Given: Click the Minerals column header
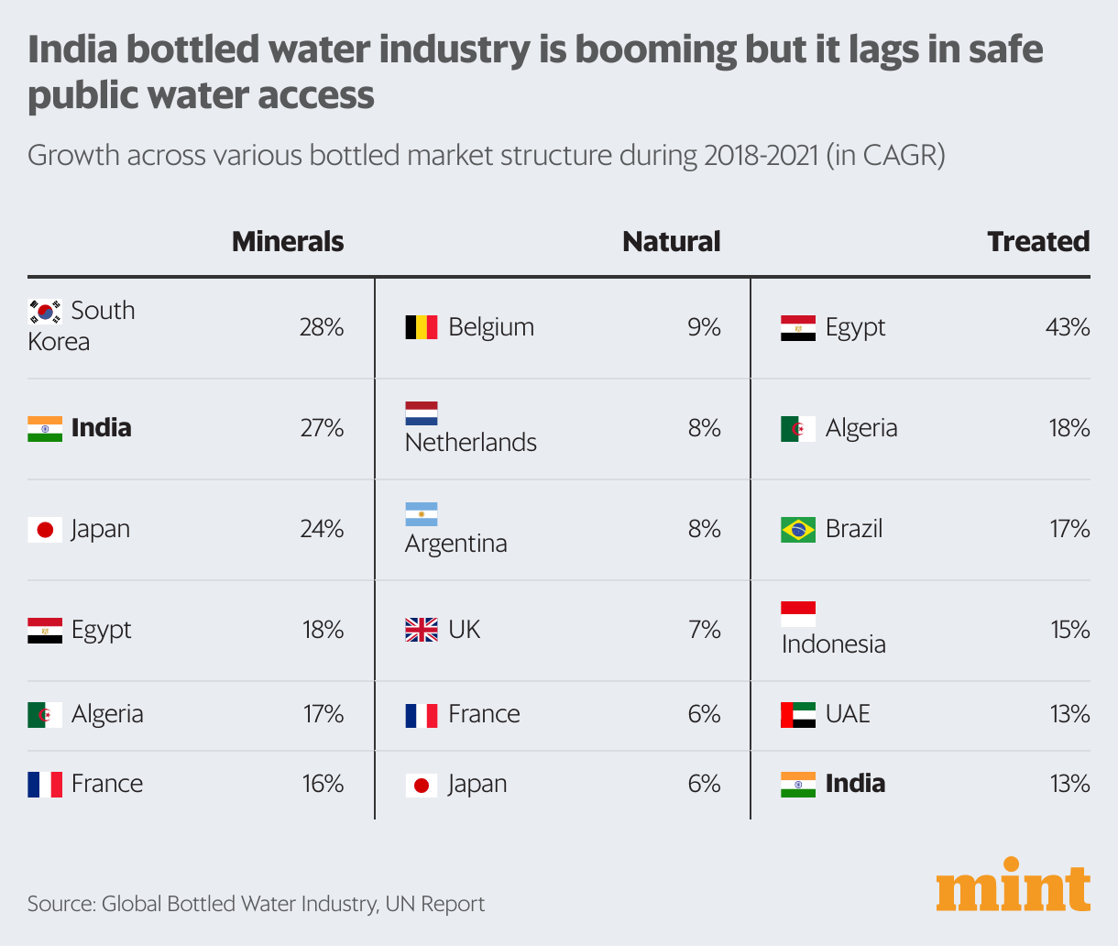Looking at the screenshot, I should (x=288, y=241).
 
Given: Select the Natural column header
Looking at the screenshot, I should (x=671, y=241).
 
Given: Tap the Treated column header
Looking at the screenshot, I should (x=1038, y=241).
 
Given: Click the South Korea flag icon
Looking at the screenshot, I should (x=45, y=312).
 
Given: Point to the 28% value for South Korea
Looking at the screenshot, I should (x=321, y=327).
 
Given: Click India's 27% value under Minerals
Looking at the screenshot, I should (x=322, y=428).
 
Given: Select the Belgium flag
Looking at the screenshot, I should (x=422, y=327).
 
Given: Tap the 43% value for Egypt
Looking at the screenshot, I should (x=1068, y=327).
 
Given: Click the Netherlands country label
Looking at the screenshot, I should (x=471, y=443).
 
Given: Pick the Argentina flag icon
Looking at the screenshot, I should (x=422, y=514).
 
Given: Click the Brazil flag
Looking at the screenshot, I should (x=798, y=529).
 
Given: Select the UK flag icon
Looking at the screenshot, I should (x=422, y=630).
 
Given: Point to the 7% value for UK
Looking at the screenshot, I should (x=704, y=630).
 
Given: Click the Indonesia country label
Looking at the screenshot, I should (x=833, y=644).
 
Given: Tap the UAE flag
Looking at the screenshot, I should (x=798, y=714).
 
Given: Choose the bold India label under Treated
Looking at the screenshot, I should (x=855, y=784).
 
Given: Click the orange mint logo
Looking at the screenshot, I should (x=1013, y=885).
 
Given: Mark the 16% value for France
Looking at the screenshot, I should (x=323, y=784).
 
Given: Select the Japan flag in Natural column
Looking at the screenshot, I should (x=422, y=785).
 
